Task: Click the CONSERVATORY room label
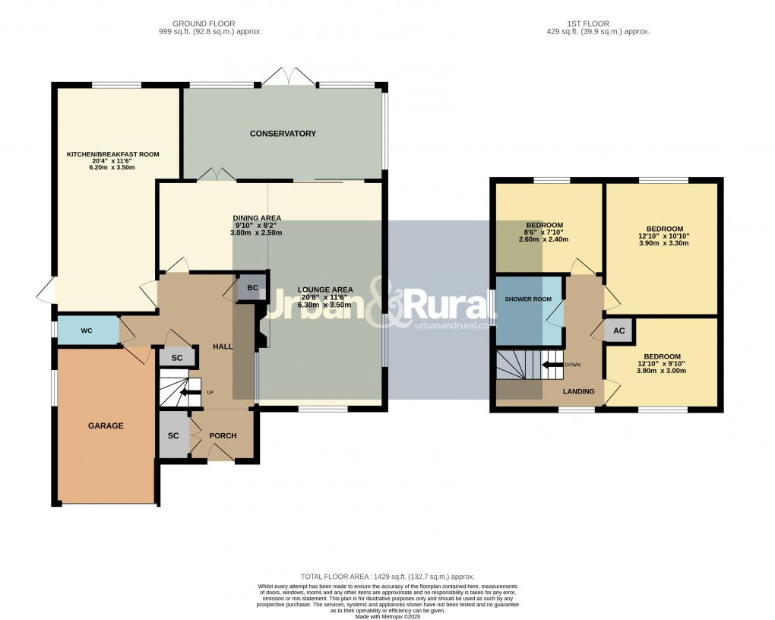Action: [x=283, y=134]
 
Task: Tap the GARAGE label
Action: [x=106, y=425]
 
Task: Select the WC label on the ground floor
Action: [x=86, y=331]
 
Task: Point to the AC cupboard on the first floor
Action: [x=619, y=331]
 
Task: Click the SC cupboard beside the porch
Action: [x=173, y=436]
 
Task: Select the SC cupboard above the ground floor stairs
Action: [x=176, y=358]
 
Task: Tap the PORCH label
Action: [x=223, y=436]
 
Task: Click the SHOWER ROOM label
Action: [x=528, y=299]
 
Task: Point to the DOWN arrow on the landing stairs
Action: [x=552, y=365]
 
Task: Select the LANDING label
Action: [x=578, y=391]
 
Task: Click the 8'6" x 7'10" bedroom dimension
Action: [x=543, y=232]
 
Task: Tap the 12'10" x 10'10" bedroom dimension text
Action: [x=664, y=236]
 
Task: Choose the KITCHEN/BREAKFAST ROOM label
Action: [x=112, y=154]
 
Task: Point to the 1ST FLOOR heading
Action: [x=598, y=24]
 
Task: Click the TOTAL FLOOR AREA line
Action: [x=387, y=577]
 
